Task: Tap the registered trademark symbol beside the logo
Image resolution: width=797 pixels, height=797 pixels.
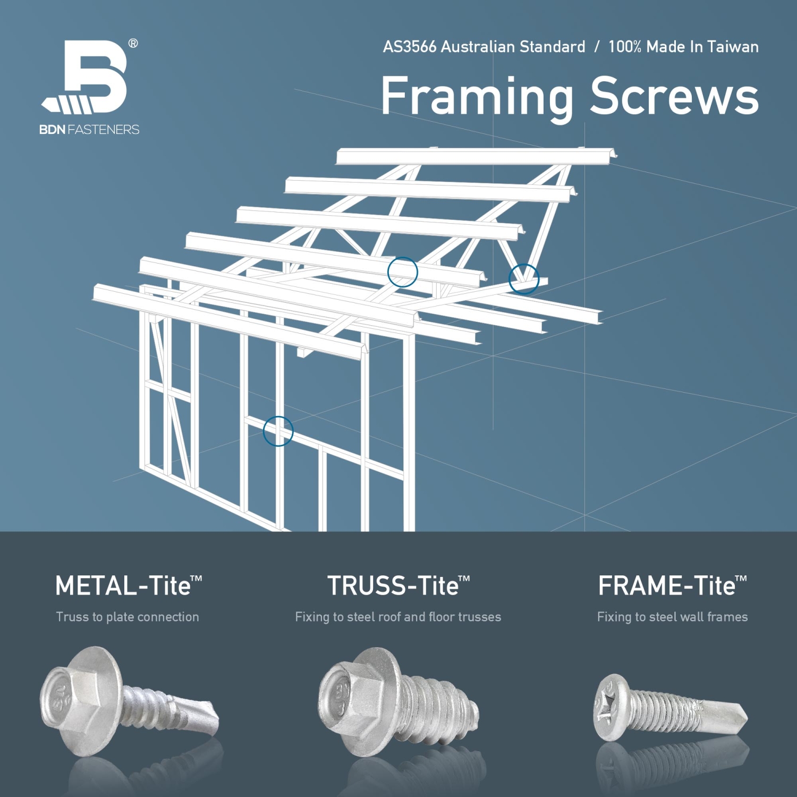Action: [133, 44]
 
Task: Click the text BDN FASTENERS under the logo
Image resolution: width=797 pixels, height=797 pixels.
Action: [89, 130]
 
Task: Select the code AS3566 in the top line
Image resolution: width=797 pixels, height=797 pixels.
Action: [410, 47]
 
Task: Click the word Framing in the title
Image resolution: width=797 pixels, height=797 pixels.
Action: [477, 97]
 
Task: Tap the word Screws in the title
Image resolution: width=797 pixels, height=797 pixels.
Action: [674, 97]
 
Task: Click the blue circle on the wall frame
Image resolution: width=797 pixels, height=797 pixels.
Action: [278, 431]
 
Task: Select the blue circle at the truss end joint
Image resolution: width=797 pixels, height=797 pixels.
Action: [524, 279]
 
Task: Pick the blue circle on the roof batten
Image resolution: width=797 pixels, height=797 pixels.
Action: [402, 272]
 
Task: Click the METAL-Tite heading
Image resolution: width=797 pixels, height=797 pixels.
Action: [128, 586]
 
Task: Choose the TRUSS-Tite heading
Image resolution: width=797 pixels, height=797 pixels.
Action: [398, 586]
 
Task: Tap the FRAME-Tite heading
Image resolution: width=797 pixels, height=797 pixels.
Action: [672, 586]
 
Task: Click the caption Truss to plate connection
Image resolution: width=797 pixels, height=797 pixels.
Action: [128, 617]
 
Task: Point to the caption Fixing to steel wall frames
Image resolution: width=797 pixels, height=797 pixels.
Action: [672, 617]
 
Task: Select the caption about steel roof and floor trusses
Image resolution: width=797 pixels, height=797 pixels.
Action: [398, 617]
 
